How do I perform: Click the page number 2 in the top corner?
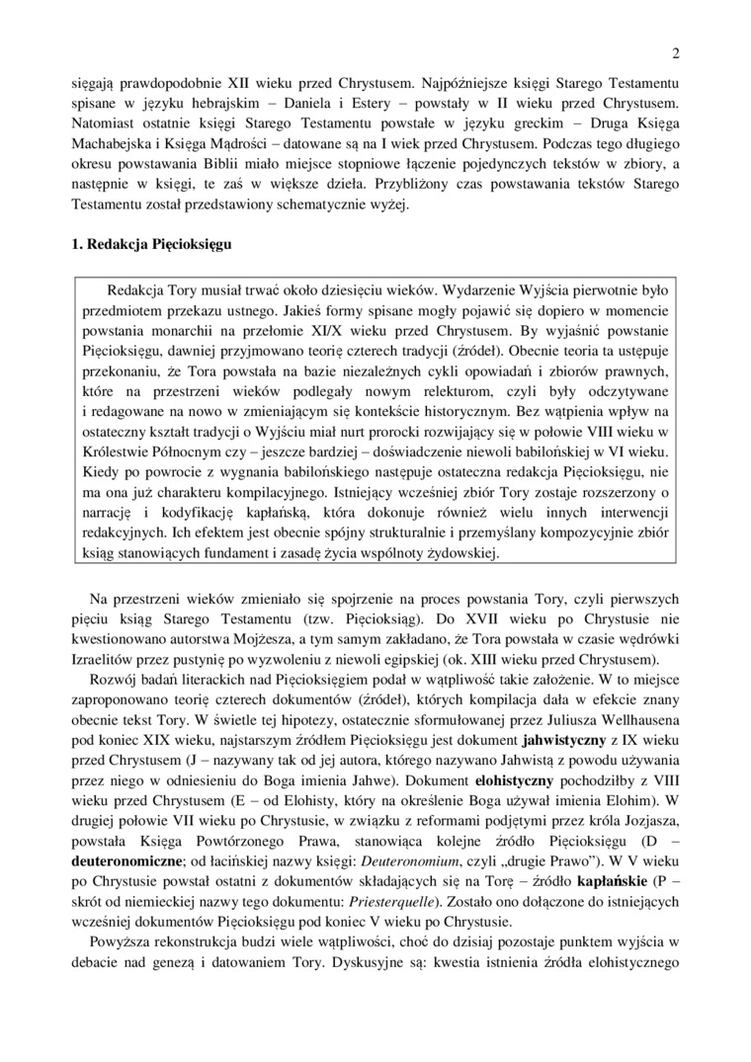(675, 53)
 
